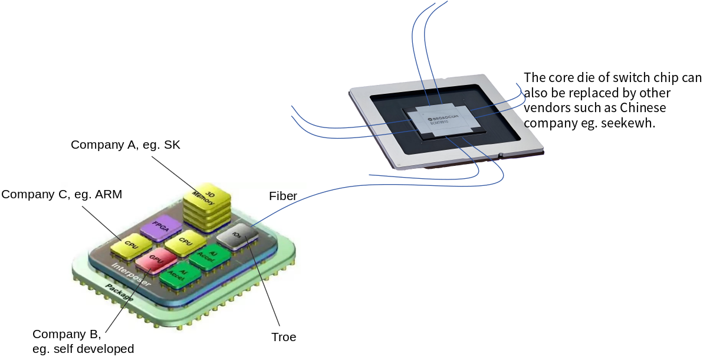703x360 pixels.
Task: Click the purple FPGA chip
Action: pos(159,227)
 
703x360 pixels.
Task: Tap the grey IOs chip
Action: pos(237,235)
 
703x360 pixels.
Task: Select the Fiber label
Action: pos(283,196)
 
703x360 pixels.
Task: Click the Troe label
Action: pos(284,338)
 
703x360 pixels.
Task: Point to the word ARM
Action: pos(109,194)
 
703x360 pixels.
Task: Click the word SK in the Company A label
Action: pos(169,145)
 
